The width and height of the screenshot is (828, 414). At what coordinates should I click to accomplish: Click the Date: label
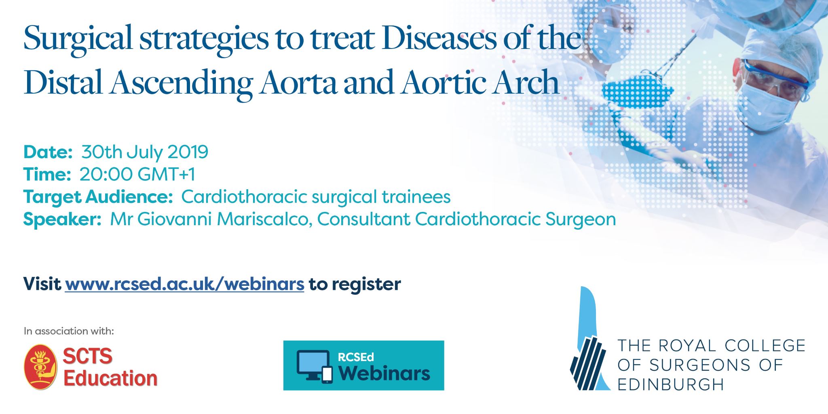coord(48,152)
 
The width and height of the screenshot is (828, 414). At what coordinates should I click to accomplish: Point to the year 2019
coord(188,152)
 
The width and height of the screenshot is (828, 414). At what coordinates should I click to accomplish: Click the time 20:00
coord(106,174)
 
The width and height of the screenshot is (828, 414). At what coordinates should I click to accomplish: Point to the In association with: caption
coord(69,332)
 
